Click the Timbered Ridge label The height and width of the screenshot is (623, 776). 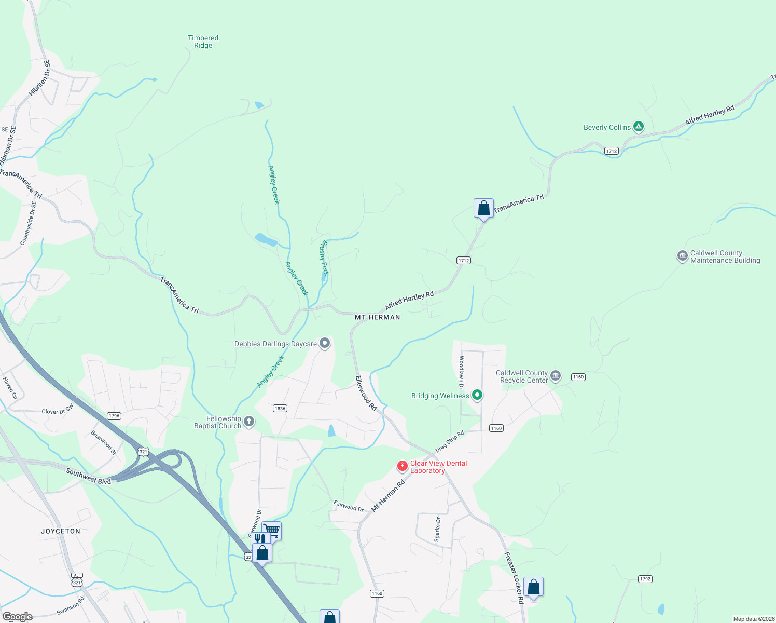(203, 42)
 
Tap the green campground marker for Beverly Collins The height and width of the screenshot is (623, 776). (639, 126)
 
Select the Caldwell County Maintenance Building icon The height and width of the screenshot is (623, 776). (682, 256)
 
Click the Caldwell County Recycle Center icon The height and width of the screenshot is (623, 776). (556, 375)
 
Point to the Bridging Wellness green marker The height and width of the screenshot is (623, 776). (477, 395)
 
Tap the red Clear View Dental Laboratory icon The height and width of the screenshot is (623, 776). (402, 466)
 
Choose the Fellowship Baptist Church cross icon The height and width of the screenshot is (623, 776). (249, 421)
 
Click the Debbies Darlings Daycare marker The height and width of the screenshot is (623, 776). (325, 343)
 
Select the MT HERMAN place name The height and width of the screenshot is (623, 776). (377, 317)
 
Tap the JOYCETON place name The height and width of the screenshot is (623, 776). (61, 531)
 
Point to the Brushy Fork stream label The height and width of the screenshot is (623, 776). (325, 258)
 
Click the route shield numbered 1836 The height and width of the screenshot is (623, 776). (280, 409)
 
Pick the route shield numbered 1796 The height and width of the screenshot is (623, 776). (114, 416)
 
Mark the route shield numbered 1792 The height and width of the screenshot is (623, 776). (645, 579)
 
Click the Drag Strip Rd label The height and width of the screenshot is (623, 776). (449, 441)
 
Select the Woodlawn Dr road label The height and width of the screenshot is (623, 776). (461, 372)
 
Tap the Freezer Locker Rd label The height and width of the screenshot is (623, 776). (514, 577)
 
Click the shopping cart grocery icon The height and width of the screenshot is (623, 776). (272, 530)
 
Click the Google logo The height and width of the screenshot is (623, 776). (17, 617)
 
